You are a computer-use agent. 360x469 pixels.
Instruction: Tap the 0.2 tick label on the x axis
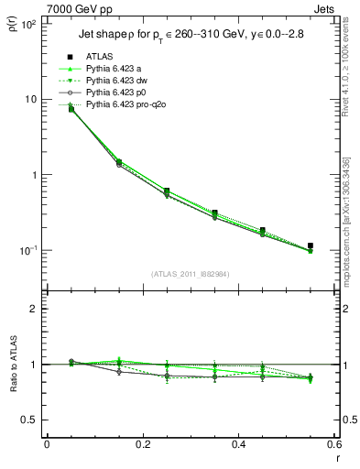click(x=142, y=445)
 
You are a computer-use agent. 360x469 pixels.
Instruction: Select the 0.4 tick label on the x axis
click(x=238, y=445)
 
